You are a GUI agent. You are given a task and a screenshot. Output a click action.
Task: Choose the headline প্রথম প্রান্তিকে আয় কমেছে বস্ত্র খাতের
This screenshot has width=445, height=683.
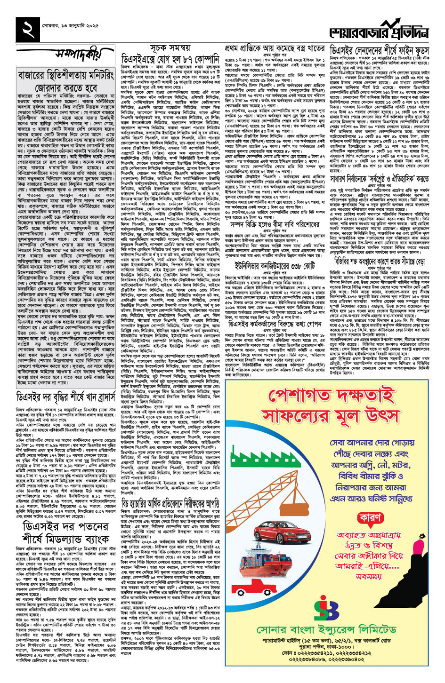[275, 48]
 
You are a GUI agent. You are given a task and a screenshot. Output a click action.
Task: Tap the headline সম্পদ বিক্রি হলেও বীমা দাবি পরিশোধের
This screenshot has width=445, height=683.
[275, 224]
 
